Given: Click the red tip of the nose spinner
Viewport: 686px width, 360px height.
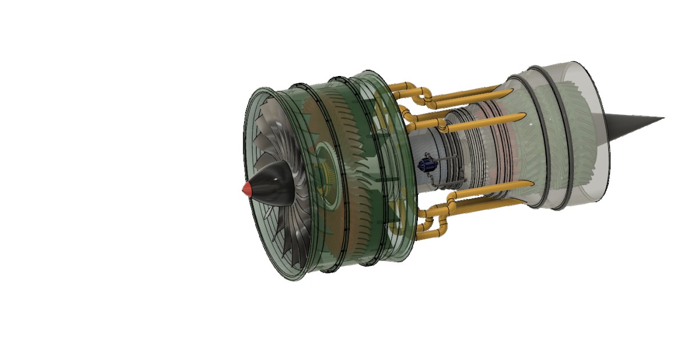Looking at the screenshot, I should [246, 189].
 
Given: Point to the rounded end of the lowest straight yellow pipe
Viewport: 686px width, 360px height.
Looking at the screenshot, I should [531, 183].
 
